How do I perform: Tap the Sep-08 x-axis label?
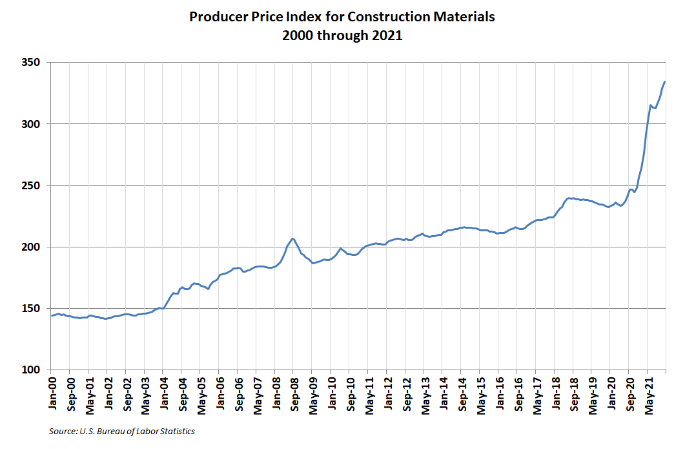[292, 393]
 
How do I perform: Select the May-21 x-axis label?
[649, 393]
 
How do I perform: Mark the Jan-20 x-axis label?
[612, 393]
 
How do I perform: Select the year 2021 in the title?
[388, 36]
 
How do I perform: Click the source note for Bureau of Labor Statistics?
[122, 431]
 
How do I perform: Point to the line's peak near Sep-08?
[292, 238]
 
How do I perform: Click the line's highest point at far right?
[665, 82]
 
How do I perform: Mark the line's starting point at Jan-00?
[52, 316]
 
